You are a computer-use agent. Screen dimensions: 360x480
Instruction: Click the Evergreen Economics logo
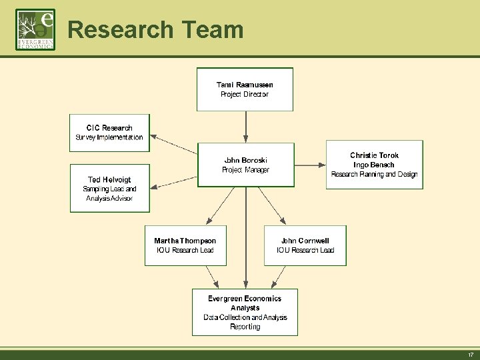tap(35, 30)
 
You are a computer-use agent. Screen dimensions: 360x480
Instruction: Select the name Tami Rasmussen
tap(245, 85)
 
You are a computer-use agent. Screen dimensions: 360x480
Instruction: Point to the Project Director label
tap(245, 95)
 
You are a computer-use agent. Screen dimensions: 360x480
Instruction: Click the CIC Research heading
tap(109, 127)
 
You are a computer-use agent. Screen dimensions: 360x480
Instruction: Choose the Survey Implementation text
tap(109, 137)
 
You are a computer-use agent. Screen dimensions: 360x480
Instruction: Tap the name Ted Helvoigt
tap(109, 179)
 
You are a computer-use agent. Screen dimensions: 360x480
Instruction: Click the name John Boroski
tap(245, 160)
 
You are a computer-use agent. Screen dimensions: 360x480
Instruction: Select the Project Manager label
tap(245, 170)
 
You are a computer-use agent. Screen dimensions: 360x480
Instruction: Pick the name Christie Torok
tap(374, 155)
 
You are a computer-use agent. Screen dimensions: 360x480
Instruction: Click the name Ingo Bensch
tap(374, 165)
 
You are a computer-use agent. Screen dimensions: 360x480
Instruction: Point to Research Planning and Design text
tap(374, 175)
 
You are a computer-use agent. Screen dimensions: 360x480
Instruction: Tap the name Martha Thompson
tap(185, 241)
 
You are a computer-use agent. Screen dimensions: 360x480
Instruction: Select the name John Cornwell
tap(305, 241)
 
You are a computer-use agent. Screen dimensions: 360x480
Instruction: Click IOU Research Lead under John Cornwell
tap(305, 251)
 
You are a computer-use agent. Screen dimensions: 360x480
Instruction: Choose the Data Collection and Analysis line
tap(245, 317)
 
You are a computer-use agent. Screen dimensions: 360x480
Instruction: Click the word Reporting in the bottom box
tap(245, 327)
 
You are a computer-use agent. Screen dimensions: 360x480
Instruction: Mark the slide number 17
tap(470, 355)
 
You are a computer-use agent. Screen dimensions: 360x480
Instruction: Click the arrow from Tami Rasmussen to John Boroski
tap(246, 127)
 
